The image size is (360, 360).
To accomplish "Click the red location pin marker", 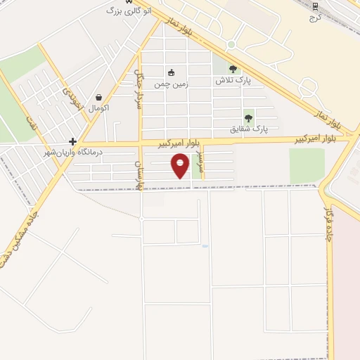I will point(181,166).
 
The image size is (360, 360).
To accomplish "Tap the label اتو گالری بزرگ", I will point(129,11).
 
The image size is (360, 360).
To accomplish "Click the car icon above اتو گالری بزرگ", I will point(128,1).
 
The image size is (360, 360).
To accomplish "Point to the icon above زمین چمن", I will point(171,72).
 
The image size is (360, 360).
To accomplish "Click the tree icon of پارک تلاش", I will point(233,69).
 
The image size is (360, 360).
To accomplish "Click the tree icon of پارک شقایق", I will point(247,118).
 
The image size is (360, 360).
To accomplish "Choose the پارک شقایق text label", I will point(250,129).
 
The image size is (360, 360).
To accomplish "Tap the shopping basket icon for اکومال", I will point(98,97).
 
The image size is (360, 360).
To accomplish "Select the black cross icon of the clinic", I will point(72,141).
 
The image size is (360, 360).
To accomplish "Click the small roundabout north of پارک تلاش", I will point(231,44).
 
